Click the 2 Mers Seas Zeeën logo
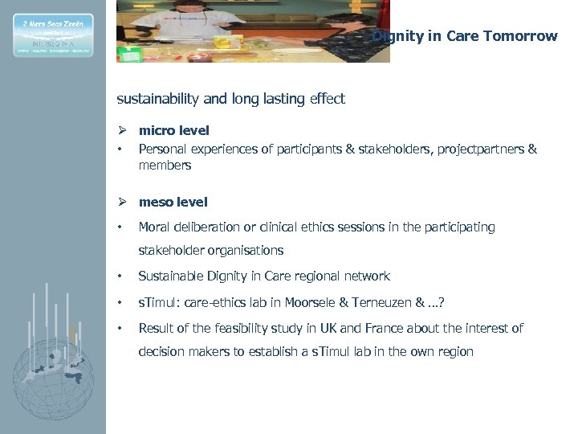[53, 35]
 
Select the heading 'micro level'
[173, 130]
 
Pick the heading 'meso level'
[173, 202]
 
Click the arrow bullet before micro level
[122, 130]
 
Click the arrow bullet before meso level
[122, 202]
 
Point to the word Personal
[162, 149]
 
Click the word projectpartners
[480, 149]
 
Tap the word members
[165, 166]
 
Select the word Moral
[154, 227]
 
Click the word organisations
[246, 250]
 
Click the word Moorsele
[343, 302]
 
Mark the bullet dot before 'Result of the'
[120, 328]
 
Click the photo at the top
[253, 31]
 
